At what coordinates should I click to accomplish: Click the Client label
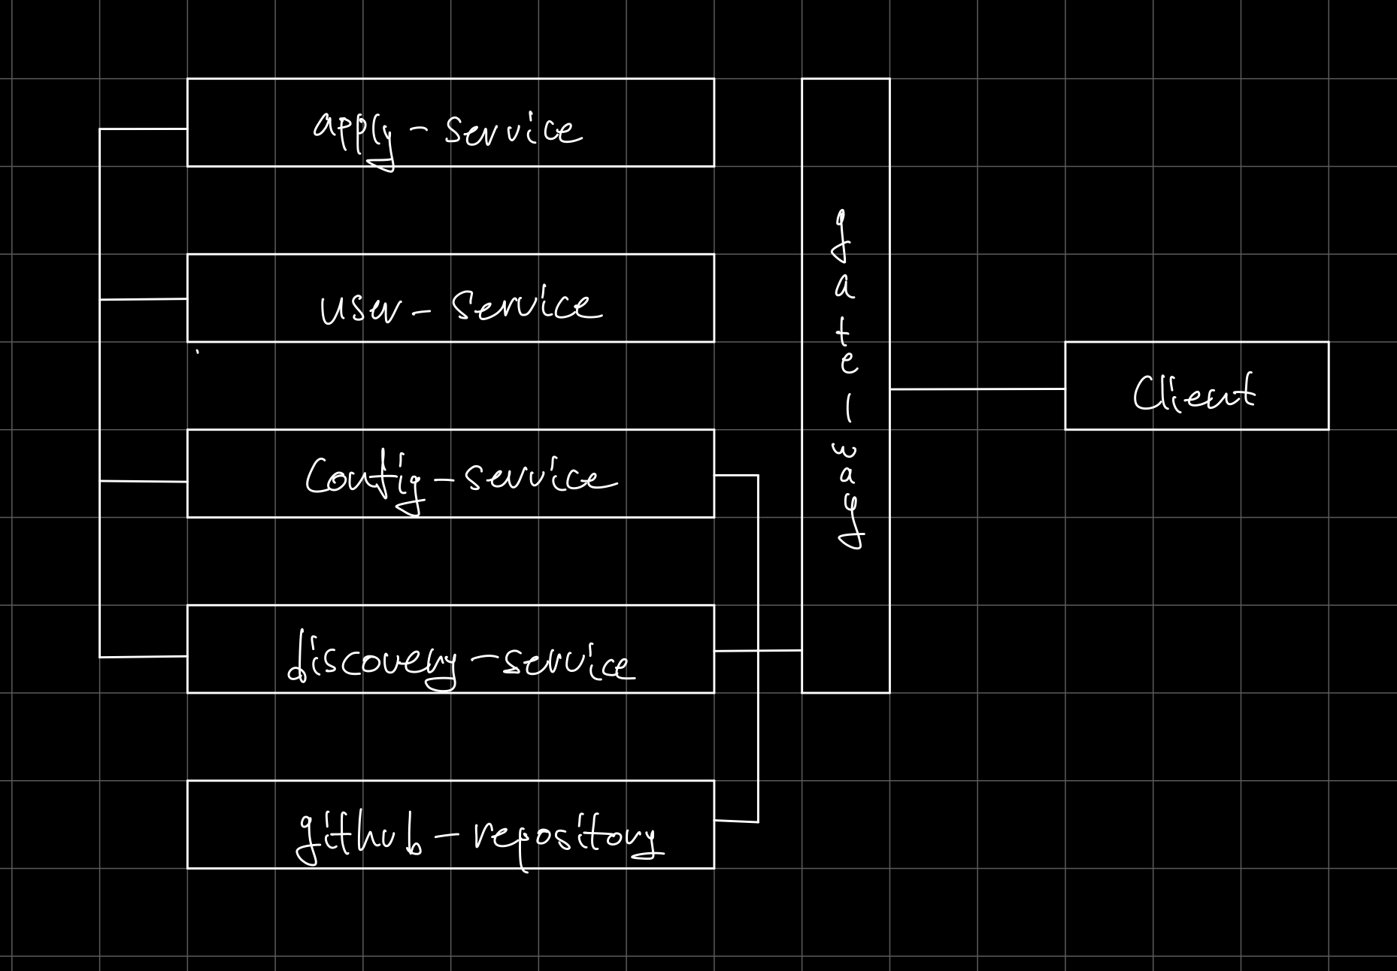click(1194, 393)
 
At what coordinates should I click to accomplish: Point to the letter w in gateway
click(844, 452)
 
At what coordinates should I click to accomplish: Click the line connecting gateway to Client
click(977, 389)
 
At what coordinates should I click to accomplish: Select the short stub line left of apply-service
click(143, 129)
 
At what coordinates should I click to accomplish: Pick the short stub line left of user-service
click(143, 299)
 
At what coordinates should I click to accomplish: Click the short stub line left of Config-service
click(143, 481)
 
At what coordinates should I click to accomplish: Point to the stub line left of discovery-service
click(143, 657)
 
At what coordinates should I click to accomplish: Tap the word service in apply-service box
click(513, 132)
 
